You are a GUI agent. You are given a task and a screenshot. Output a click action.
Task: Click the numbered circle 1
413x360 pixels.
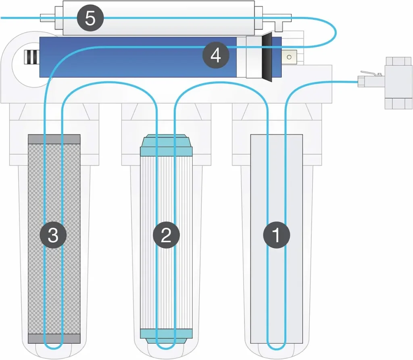pyautogui.click(x=276, y=235)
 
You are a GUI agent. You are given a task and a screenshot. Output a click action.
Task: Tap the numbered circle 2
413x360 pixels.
pyautogui.click(x=166, y=235)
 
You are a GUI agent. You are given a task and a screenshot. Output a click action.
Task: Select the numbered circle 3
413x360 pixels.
pyautogui.click(x=53, y=235)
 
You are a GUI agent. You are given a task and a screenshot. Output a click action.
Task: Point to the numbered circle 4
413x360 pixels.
pyautogui.click(x=216, y=56)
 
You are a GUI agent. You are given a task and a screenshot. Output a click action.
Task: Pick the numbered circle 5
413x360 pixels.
pyautogui.click(x=90, y=19)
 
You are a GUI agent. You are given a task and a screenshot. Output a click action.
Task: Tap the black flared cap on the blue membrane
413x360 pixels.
pyautogui.click(x=267, y=57)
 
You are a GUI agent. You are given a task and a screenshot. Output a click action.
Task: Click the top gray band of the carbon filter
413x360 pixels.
pyautogui.click(x=54, y=139)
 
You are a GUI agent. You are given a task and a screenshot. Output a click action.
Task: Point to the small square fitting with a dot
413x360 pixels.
pyautogui.click(x=289, y=57)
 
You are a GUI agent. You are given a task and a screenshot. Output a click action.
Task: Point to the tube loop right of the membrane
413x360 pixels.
pyautogui.click(x=334, y=32)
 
